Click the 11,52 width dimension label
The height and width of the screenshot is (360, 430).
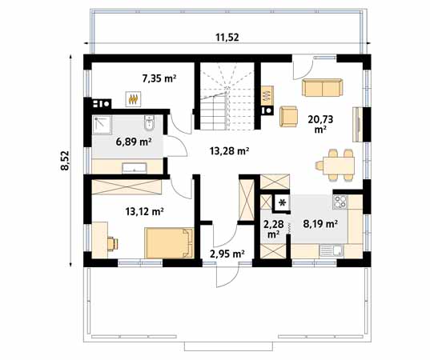point(229,37)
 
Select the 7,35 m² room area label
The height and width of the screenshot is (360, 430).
point(159,78)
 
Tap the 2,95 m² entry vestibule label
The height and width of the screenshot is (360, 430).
point(227,254)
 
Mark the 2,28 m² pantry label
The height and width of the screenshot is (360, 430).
point(273,229)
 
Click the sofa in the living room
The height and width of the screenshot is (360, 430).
point(323,86)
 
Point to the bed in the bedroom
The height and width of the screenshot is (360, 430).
point(168,240)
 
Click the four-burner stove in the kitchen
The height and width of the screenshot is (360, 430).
point(339,202)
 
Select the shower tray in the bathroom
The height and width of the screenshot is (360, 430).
point(102,124)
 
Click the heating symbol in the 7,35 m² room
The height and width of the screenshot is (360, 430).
point(133,98)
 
